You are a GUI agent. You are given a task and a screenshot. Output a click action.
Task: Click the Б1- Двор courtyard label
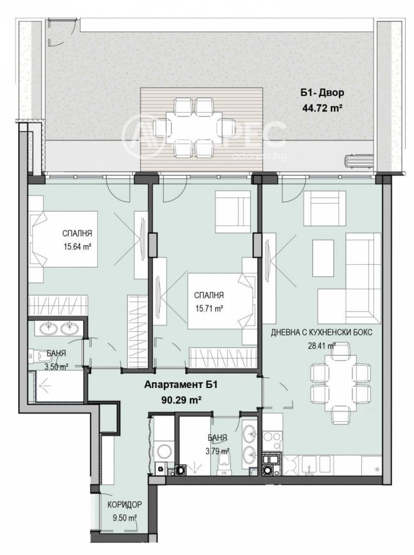pos(322,93)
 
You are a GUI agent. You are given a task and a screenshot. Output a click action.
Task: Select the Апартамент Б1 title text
pos(181,385)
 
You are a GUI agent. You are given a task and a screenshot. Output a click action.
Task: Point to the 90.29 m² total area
pos(181,400)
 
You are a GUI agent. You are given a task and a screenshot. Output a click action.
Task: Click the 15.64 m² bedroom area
pos(77,246)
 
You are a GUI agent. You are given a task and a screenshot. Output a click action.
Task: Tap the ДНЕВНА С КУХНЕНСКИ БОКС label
pos(322,333)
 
